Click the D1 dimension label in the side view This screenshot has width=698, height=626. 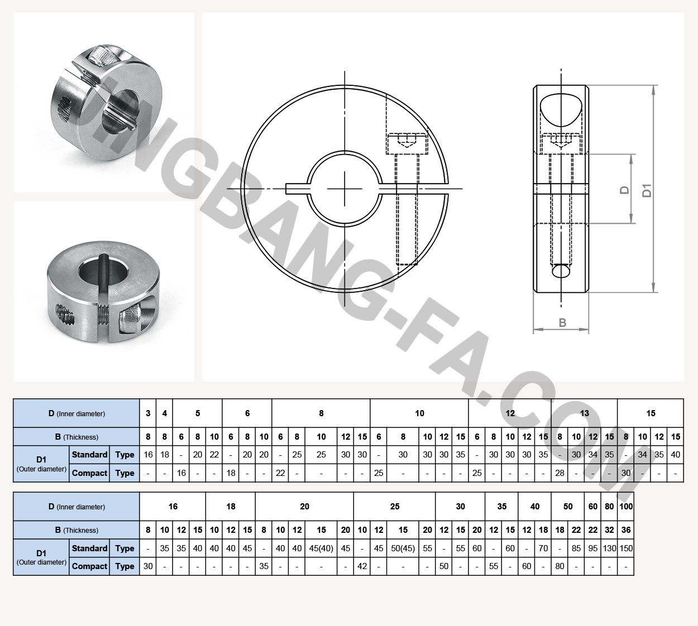tap(647, 190)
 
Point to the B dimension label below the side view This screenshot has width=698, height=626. tap(562, 322)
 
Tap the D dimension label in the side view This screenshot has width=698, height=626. tap(625, 190)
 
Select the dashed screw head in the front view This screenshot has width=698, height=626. tap(407, 143)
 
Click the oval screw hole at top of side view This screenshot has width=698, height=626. tap(561, 109)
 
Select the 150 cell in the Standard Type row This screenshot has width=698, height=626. tap(626, 548)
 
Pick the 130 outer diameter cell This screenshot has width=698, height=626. tap(609, 548)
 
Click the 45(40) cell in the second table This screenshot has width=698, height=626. tap(321, 548)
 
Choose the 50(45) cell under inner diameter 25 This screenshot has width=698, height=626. tap(403, 548)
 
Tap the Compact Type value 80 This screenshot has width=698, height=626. tap(560, 566)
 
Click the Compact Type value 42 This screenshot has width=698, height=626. tap(362, 566)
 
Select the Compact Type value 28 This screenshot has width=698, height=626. tap(560, 473)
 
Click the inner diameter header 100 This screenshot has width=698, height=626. tap(626, 507)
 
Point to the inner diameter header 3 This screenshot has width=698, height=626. tap(148, 413)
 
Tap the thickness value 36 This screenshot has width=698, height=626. tap(626, 530)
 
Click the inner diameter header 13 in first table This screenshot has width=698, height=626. tap(584, 413)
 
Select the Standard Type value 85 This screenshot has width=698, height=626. tap(576, 548)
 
